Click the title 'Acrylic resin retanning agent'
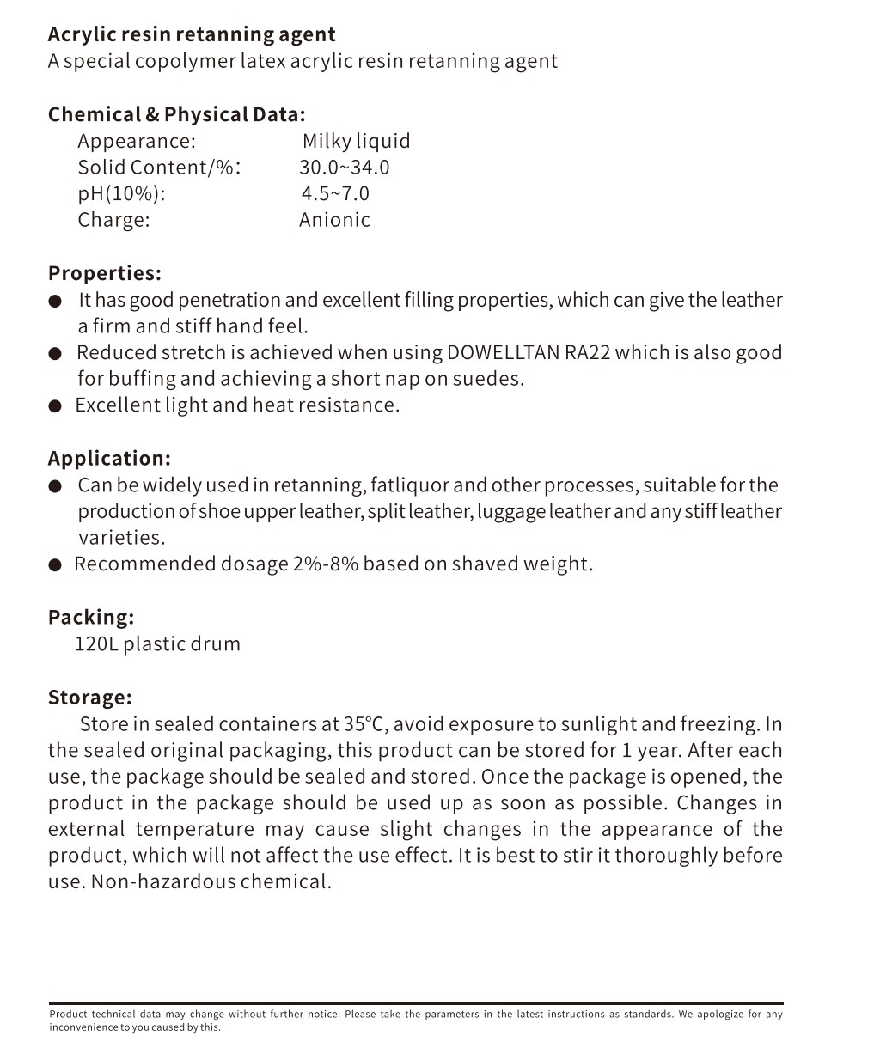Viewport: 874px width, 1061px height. [192, 35]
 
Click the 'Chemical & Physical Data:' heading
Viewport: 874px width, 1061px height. [176, 115]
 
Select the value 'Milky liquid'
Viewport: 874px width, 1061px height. [356, 142]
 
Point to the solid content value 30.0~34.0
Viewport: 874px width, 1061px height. [344, 168]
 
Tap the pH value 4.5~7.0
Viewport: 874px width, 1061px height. [335, 194]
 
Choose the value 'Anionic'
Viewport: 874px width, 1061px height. [334, 220]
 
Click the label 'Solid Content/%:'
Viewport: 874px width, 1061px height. [159, 168]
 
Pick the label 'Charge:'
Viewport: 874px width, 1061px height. [113, 220]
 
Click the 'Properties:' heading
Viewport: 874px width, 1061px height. [105, 274]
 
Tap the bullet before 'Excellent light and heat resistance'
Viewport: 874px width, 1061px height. [55, 406]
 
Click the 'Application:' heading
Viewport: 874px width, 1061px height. [109, 459]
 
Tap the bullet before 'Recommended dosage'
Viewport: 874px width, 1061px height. [55, 565]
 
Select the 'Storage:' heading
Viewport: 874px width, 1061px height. [89, 698]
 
